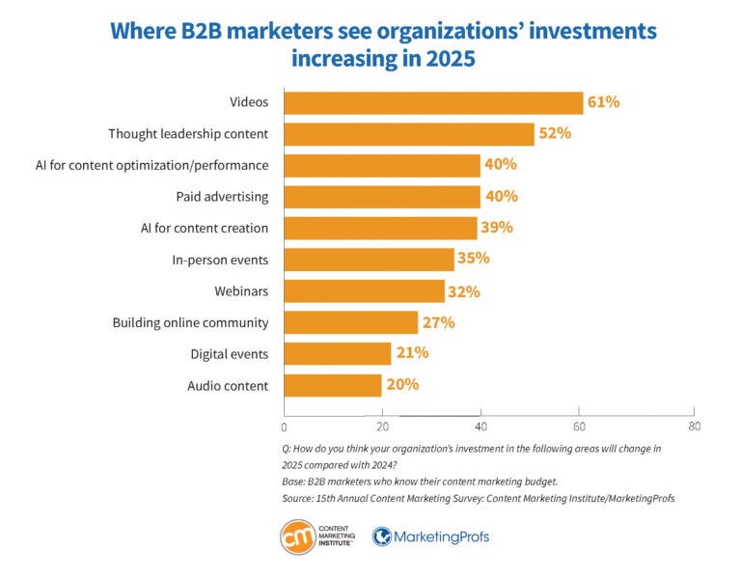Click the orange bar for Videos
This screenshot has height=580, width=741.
[x=433, y=102]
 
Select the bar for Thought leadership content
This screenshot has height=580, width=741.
[x=408, y=133]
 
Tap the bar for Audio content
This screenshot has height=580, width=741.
[x=333, y=385]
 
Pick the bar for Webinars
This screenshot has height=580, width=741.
[x=364, y=290]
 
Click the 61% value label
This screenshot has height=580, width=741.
[x=603, y=102]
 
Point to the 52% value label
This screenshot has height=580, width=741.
[x=555, y=133]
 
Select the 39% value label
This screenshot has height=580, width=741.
[x=497, y=228]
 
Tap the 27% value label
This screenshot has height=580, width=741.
[x=438, y=322]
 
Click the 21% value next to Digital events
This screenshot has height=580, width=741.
[x=412, y=353]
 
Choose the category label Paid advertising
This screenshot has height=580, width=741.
[x=222, y=196]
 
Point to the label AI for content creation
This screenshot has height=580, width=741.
[x=204, y=228]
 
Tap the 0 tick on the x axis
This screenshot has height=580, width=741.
[x=284, y=426]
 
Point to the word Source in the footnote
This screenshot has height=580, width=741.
[x=300, y=498]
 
